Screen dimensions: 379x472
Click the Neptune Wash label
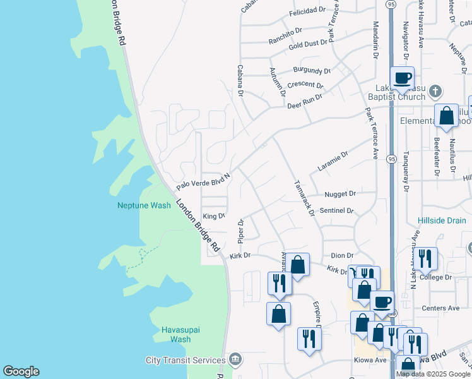(x=144, y=205)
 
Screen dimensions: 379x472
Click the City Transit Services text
(x=185, y=360)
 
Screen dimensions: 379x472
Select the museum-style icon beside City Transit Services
(x=235, y=359)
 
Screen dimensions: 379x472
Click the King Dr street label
(x=214, y=216)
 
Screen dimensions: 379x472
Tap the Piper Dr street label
(x=240, y=231)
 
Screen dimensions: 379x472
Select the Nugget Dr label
(x=340, y=194)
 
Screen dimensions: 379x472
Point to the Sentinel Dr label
(x=337, y=210)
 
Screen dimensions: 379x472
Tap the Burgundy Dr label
(x=312, y=71)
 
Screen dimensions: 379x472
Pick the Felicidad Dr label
(x=307, y=12)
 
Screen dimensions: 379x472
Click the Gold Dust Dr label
(x=308, y=44)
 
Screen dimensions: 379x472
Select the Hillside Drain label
(x=440, y=220)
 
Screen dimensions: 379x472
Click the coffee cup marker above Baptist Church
(x=402, y=79)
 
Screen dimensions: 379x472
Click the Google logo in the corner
(x=21, y=371)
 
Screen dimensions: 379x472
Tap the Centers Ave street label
(x=441, y=308)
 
